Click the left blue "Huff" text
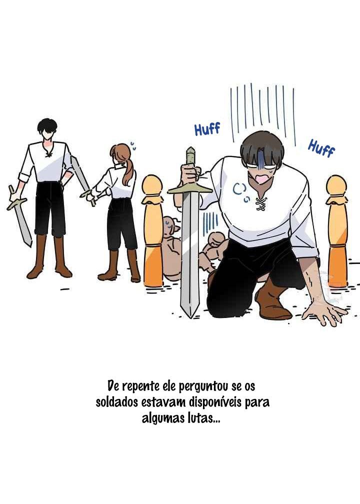point(207,129)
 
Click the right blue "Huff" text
point(321,148)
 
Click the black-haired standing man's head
point(47,128)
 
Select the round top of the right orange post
point(336,185)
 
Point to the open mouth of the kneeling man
point(260,177)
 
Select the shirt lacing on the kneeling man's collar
point(261,204)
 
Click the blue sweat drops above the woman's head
point(132,146)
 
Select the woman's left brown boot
point(110,265)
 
